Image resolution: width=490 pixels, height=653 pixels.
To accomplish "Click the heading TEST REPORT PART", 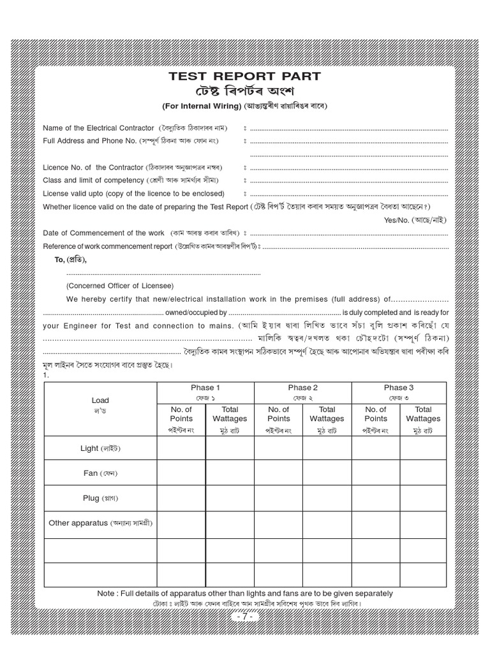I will (x=244, y=77).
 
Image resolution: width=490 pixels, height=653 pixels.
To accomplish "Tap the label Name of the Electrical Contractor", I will (x=98, y=128).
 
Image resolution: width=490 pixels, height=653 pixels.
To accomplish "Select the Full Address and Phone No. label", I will (x=90, y=140).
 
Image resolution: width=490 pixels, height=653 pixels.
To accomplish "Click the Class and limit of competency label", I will (x=93, y=180).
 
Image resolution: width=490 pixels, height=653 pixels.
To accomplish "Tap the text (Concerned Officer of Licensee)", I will (x=119, y=285).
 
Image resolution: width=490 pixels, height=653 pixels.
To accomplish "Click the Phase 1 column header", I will (x=205, y=388).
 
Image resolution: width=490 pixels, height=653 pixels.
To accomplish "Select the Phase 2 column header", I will (x=302, y=388).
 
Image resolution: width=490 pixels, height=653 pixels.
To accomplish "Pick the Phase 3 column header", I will (x=399, y=388).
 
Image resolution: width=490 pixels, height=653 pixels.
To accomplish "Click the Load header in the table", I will (x=100, y=400).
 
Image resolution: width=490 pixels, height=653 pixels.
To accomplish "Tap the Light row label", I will (x=89, y=448).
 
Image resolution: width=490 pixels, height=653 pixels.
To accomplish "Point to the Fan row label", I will (x=91, y=473).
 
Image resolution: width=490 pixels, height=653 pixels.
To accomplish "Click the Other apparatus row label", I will (x=78, y=523).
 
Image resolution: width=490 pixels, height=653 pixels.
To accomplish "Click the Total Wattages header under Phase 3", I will (x=423, y=414).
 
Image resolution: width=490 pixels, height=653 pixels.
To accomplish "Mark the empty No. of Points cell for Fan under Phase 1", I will (x=181, y=473).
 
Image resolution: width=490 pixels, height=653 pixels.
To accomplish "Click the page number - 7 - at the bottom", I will (x=244, y=617).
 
